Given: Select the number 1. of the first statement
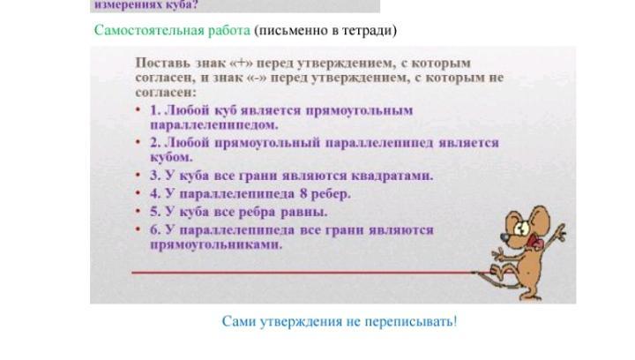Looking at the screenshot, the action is tap(155, 110).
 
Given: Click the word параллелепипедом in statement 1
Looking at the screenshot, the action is tap(214, 124).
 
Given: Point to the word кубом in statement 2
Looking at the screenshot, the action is tap(171, 157).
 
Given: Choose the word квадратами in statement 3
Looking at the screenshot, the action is tap(392, 176).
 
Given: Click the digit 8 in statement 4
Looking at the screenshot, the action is tap(304, 193).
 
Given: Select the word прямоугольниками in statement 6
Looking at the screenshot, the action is tap(216, 244).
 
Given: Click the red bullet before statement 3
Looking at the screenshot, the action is tap(138, 175).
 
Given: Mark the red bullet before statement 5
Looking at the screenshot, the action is tap(138, 212).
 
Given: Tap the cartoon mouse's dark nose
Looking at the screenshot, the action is tap(503, 236).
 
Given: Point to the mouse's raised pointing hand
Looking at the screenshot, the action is tap(560, 231).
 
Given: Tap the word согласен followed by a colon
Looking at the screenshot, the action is tap(166, 93).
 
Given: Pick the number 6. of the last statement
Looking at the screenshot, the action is tap(155, 230).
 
